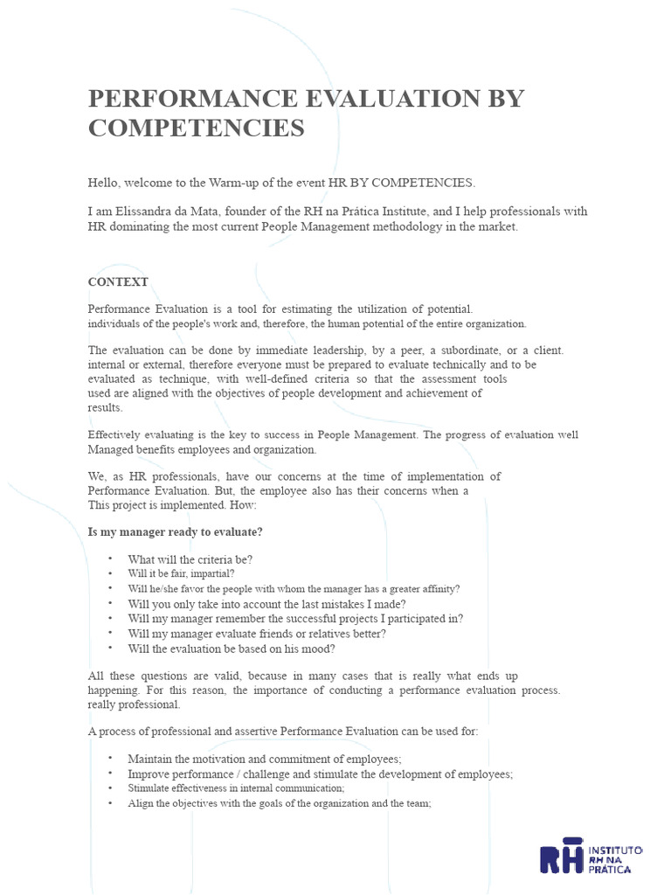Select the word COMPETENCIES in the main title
tap(197, 128)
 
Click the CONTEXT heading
tap(118, 281)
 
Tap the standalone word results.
tap(106, 408)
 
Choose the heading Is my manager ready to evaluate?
tap(176, 531)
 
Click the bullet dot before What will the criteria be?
tap(111, 558)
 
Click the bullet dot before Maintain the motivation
tap(111, 758)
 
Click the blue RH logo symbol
tap(561, 858)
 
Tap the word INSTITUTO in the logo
tap(616, 850)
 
